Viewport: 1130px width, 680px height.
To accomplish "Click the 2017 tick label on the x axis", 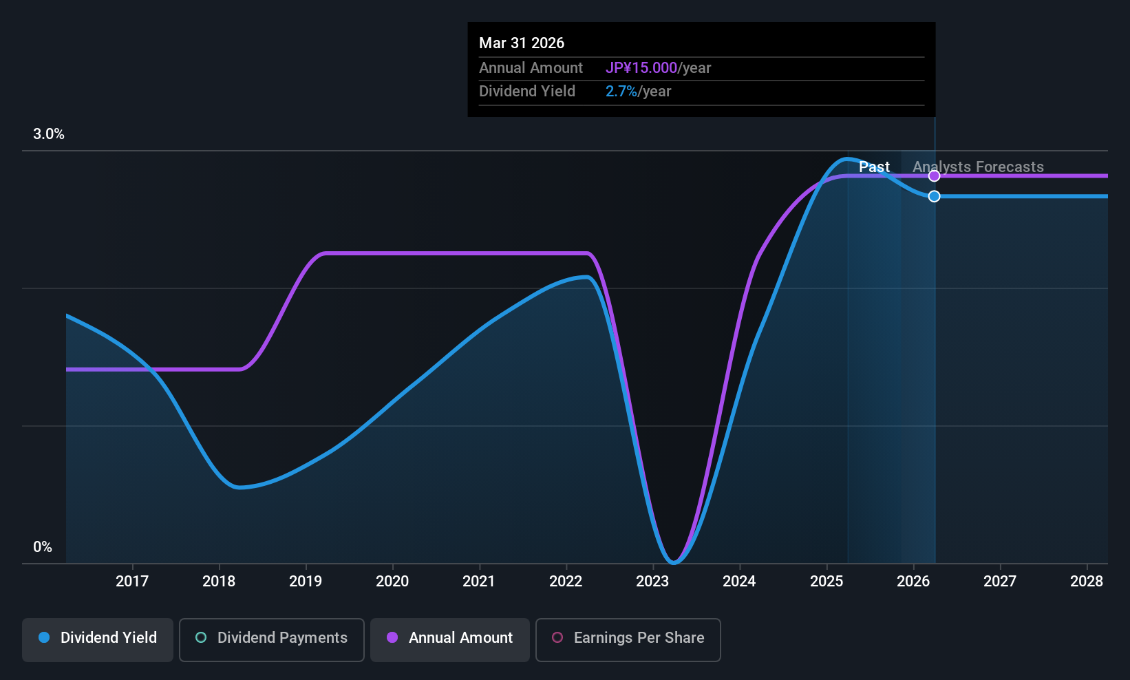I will (x=132, y=582).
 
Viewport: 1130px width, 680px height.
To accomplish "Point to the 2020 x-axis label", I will (x=392, y=582).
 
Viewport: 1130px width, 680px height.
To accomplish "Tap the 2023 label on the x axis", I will (x=652, y=582).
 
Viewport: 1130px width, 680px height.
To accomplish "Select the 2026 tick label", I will (x=913, y=582).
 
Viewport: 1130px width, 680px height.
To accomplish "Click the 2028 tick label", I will (x=1087, y=582).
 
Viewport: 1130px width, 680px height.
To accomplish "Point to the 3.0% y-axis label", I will (x=49, y=134).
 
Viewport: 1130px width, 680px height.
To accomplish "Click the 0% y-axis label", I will (x=43, y=547).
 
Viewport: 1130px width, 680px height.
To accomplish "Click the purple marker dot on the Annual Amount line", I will (x=934, y=176).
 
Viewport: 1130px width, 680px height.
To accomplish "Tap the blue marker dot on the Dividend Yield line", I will (x=934, y=196).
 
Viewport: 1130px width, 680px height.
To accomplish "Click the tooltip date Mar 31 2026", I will (x=522, y=43).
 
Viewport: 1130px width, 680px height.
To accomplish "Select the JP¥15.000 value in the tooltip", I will (x=641, y=68).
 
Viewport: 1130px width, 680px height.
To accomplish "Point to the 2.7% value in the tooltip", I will (x=621, y=92).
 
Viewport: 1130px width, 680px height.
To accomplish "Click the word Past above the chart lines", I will (x=874, y=167).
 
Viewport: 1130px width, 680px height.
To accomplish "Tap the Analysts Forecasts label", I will (x=978, y=167).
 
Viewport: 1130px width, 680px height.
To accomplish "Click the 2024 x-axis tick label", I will (x=739, y=582).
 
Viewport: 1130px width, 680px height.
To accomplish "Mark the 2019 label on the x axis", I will (x=306, y=582).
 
